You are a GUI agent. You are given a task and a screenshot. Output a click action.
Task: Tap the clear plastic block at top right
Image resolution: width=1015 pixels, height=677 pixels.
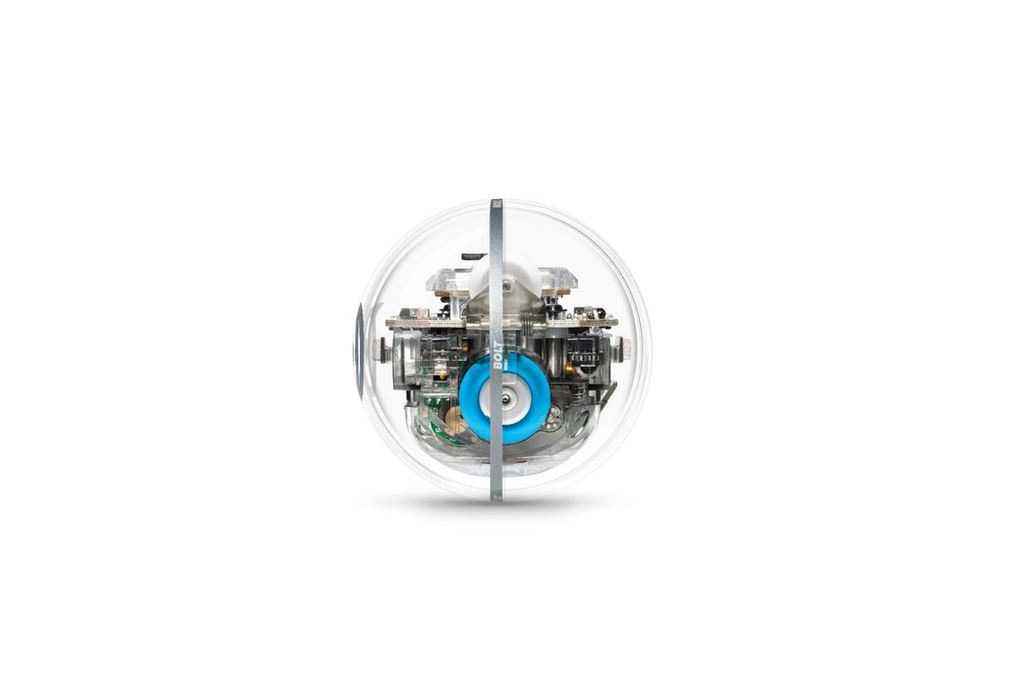pyautogui.click(x=558, y=280)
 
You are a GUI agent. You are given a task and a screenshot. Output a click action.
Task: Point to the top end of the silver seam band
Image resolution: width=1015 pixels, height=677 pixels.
pyautogui.click(x=496, y=204)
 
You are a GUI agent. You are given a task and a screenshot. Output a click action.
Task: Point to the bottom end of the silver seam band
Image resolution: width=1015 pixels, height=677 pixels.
pyautogui.click(x=495, y=495)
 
